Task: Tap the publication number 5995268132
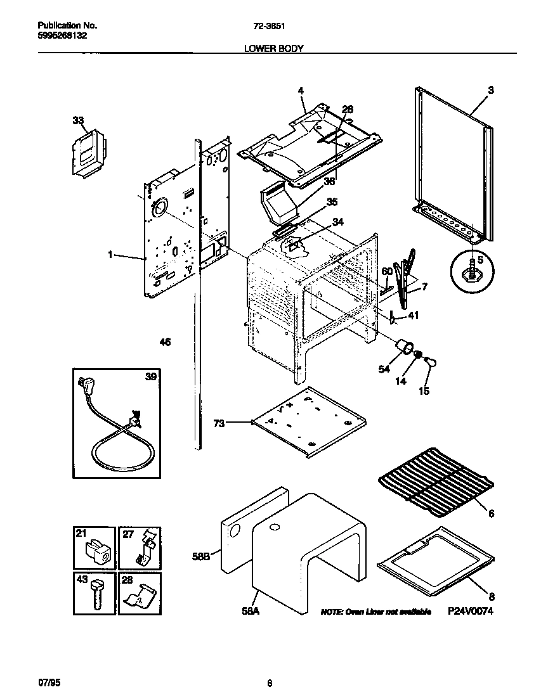[x=63, y=35]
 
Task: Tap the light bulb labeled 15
[x=429, y=362]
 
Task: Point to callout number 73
[x=218, y=423]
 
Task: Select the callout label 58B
[x=200, y=556]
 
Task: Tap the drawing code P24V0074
[x=470, y=611]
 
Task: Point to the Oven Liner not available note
[x=375, y=612]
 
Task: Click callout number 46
[x=165, y=342]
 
